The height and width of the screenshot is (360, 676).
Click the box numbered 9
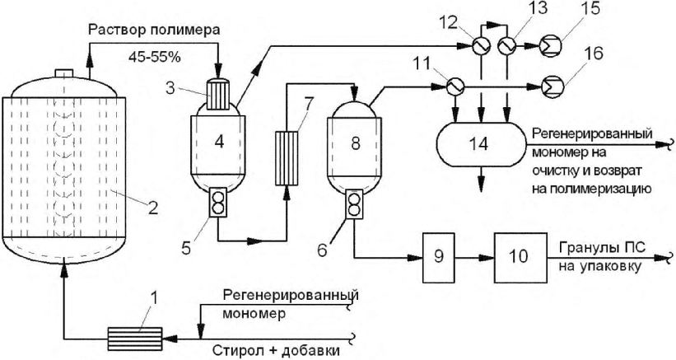tap(438, 257)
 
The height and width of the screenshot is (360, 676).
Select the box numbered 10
tap(520, 257)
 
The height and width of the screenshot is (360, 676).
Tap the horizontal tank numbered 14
tap(482, 144)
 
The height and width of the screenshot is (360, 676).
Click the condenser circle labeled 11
tap(455, 87)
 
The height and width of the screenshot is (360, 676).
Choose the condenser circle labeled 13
tap(506, 44)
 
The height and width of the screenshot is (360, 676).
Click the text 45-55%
tap(154, 57)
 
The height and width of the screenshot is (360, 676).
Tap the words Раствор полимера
tap(153, 31)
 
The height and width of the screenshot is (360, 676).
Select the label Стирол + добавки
tap(277, 350)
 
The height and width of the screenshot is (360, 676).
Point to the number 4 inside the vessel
tap(220, 142)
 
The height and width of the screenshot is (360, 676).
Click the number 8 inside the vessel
tap(355, 143)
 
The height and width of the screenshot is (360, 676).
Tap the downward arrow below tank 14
tap(482, 179)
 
